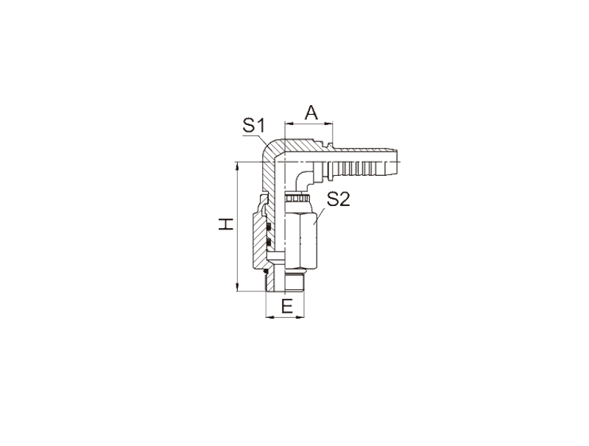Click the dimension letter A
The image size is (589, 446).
pos(311,113)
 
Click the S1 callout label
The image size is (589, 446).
pos(254,125)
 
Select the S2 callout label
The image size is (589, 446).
pos(338,199)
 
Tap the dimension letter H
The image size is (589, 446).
pos(226,224)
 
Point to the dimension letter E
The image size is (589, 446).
pos(287,307)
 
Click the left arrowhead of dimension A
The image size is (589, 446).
pos(289,123)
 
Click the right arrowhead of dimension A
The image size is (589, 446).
pos(328,123)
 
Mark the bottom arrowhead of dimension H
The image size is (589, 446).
pos(237,287)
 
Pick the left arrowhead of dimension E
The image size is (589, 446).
pos(269,318)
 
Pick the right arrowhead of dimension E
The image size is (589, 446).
pos(300,318)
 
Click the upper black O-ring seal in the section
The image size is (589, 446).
pos(269,227)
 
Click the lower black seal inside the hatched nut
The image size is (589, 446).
pos(269,241)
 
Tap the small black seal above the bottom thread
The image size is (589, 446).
pos(266,270)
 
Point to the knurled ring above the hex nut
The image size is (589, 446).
pos(297,199)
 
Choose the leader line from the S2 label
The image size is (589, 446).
pos(320,216)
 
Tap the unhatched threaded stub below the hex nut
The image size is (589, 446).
pos(294,282)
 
